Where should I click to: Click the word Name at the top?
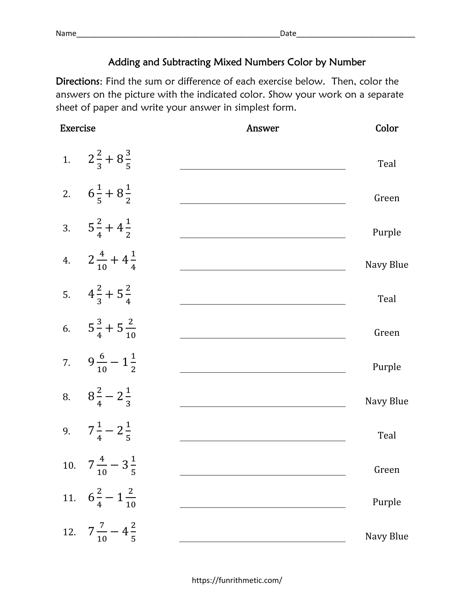tap(66, 33)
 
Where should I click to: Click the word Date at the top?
tap(288, 33)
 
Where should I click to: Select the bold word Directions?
tap(78, 81)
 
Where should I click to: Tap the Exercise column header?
tap(78, 128)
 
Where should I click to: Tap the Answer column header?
tap(263, 128)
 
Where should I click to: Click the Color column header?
tap(387, 128)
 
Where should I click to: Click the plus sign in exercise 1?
tap(109, 159)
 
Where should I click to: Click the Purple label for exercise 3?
tap(387, 232)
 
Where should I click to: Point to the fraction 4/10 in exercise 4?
tap(102, 261)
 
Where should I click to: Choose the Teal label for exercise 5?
tap(387, 299)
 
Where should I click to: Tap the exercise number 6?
tap(66, 329)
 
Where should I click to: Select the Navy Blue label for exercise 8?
tap(387, 401)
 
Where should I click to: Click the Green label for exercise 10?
tap(387, 470)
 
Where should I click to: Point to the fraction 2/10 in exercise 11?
tap(130, 498)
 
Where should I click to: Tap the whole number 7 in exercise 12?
tap(91, 531)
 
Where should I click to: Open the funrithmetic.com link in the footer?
tap(237, 580)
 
